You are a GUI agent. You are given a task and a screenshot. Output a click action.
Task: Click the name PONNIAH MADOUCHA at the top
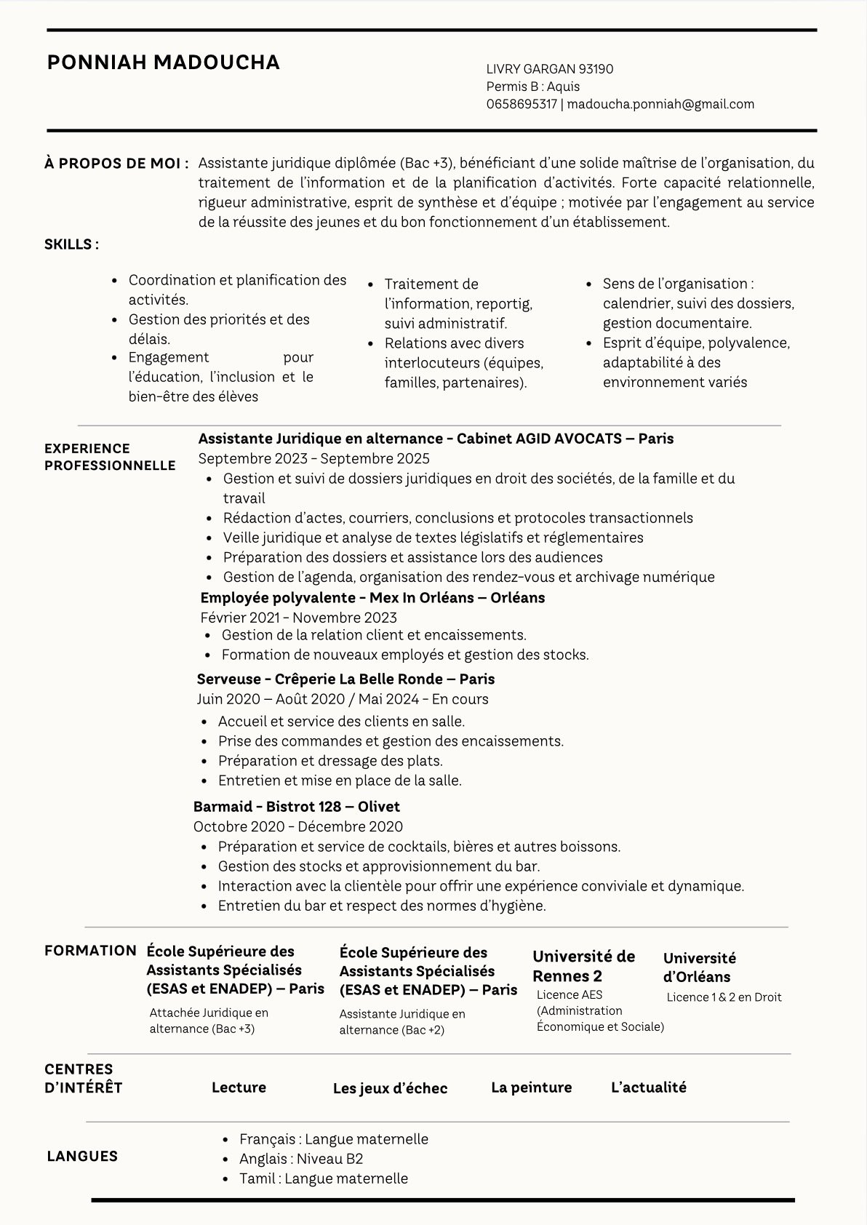pos(163,63)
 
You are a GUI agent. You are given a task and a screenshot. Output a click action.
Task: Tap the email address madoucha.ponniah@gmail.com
pos(660,104)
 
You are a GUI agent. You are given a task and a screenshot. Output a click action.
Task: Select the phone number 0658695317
pos(522,104)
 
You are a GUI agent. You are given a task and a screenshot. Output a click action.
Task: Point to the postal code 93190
pos(596,69)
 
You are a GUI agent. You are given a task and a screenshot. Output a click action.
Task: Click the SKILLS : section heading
pos(71,244)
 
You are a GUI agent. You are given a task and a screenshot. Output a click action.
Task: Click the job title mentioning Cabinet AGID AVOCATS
pos(436,439)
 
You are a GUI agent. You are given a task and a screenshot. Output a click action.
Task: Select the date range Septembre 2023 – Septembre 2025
pos(313,458)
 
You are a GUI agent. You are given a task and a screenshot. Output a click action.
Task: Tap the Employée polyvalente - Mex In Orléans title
pos(372,598)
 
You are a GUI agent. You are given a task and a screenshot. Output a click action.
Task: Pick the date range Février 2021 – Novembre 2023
pos(298,618)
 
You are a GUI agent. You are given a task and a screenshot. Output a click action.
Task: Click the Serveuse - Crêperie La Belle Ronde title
pos(345,679)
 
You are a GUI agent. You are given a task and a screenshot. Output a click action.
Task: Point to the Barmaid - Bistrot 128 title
pos(296,807)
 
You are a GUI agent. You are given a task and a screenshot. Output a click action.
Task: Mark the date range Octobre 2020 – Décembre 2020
pos(297,826)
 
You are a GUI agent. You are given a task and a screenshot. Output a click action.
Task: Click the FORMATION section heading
pos(90,951)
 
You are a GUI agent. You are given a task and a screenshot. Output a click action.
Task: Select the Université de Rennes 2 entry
pos(583,966)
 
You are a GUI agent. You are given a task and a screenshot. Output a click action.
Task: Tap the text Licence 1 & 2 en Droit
pos(724,997)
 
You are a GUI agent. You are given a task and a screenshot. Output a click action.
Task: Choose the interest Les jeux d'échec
pos(390,1088)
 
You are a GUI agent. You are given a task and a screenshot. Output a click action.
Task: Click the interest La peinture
pos(531,1088)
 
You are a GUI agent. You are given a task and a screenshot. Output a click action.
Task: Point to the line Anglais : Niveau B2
pos(301,1159)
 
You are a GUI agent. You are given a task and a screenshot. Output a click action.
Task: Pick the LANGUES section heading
pos(82,1157)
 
